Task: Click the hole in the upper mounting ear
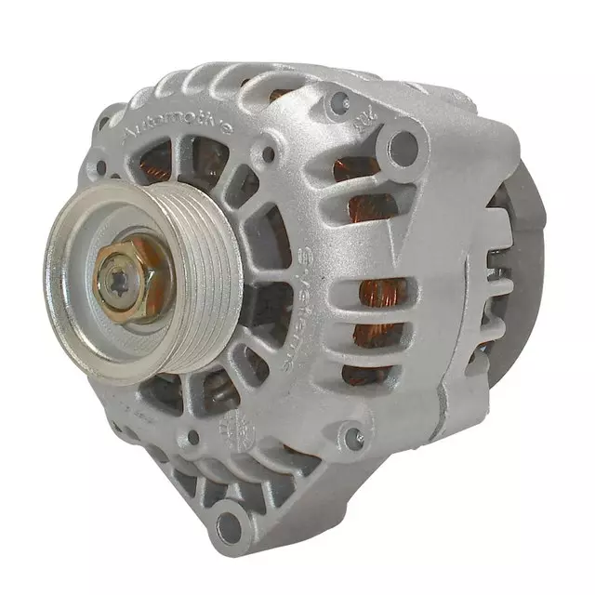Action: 403,144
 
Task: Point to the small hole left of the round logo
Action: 192,437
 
